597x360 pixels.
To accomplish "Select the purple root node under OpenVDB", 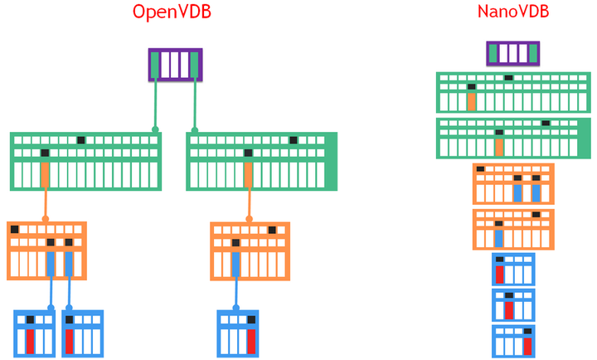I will pos(175,65).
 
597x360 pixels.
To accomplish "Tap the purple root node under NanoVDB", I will pos(512,54).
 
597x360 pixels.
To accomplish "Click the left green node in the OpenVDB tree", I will pos(85,162).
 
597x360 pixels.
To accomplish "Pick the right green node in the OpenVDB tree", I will pos(262,162).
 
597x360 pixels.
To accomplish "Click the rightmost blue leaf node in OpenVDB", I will pos(240,333).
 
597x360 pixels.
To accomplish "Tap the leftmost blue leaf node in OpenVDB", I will pos(35,333).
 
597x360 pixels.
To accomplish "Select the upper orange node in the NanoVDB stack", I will pos(513,183).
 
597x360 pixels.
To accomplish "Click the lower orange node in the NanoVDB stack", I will pos(513,229).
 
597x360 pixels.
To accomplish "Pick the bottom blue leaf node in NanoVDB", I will pos(513,340).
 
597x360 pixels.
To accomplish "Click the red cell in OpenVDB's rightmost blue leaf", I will pos(250,341).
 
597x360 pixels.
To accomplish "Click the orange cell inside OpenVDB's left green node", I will pos(45,175).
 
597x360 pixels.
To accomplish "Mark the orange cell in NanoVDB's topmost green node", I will pos(471,102).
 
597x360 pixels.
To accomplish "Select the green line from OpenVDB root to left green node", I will pos(155,104).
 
